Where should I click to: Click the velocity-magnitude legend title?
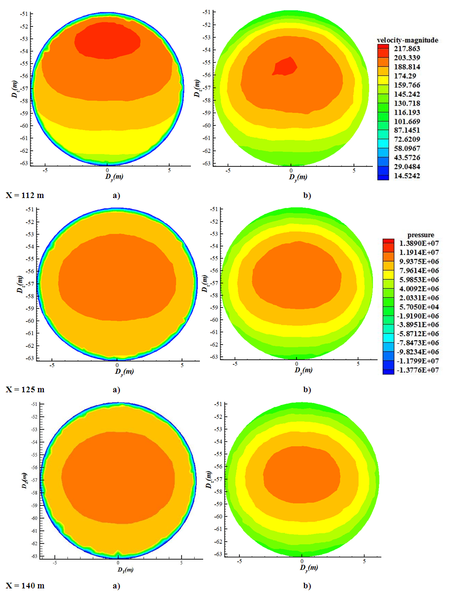(407, 40)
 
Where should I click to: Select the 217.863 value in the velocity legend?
(407, 49)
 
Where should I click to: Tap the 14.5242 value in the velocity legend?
(407, 176)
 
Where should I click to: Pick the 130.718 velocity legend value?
(407, 103)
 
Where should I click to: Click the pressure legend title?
(420, 235)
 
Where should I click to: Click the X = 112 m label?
(25, 195)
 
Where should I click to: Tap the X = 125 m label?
(25, 389)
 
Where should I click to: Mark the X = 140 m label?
(25, 586)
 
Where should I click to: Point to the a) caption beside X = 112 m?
(116, 195)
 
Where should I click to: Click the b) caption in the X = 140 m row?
(307, 586)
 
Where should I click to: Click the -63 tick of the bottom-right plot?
(218, 554)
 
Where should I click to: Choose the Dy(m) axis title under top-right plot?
(298, 177)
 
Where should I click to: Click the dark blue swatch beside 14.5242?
(383, 176)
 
